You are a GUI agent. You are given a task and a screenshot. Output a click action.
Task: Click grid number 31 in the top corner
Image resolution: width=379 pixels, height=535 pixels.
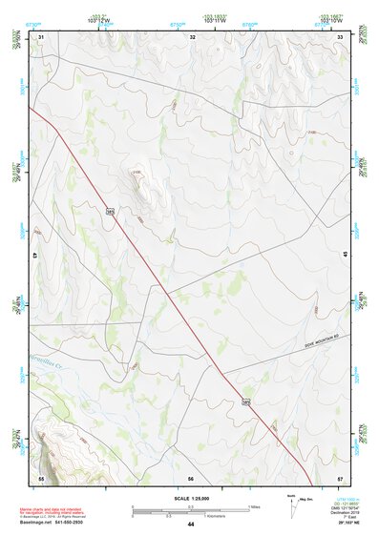(41, 37)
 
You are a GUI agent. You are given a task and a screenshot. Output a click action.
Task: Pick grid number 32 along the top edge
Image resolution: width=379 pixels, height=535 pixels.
(193, 37)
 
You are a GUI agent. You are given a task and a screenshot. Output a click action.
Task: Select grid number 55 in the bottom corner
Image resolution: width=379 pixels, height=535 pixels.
(41, 478)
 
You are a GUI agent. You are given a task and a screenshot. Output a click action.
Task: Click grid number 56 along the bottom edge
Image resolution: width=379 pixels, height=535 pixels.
(191, 478)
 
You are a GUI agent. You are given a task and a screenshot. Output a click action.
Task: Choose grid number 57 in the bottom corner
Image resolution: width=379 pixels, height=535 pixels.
(341, 478)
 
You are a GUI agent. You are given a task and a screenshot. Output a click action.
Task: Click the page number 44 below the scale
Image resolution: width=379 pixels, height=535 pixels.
(191, 525)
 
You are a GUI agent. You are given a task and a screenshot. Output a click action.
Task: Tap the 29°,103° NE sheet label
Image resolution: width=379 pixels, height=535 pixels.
(345, 525)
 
